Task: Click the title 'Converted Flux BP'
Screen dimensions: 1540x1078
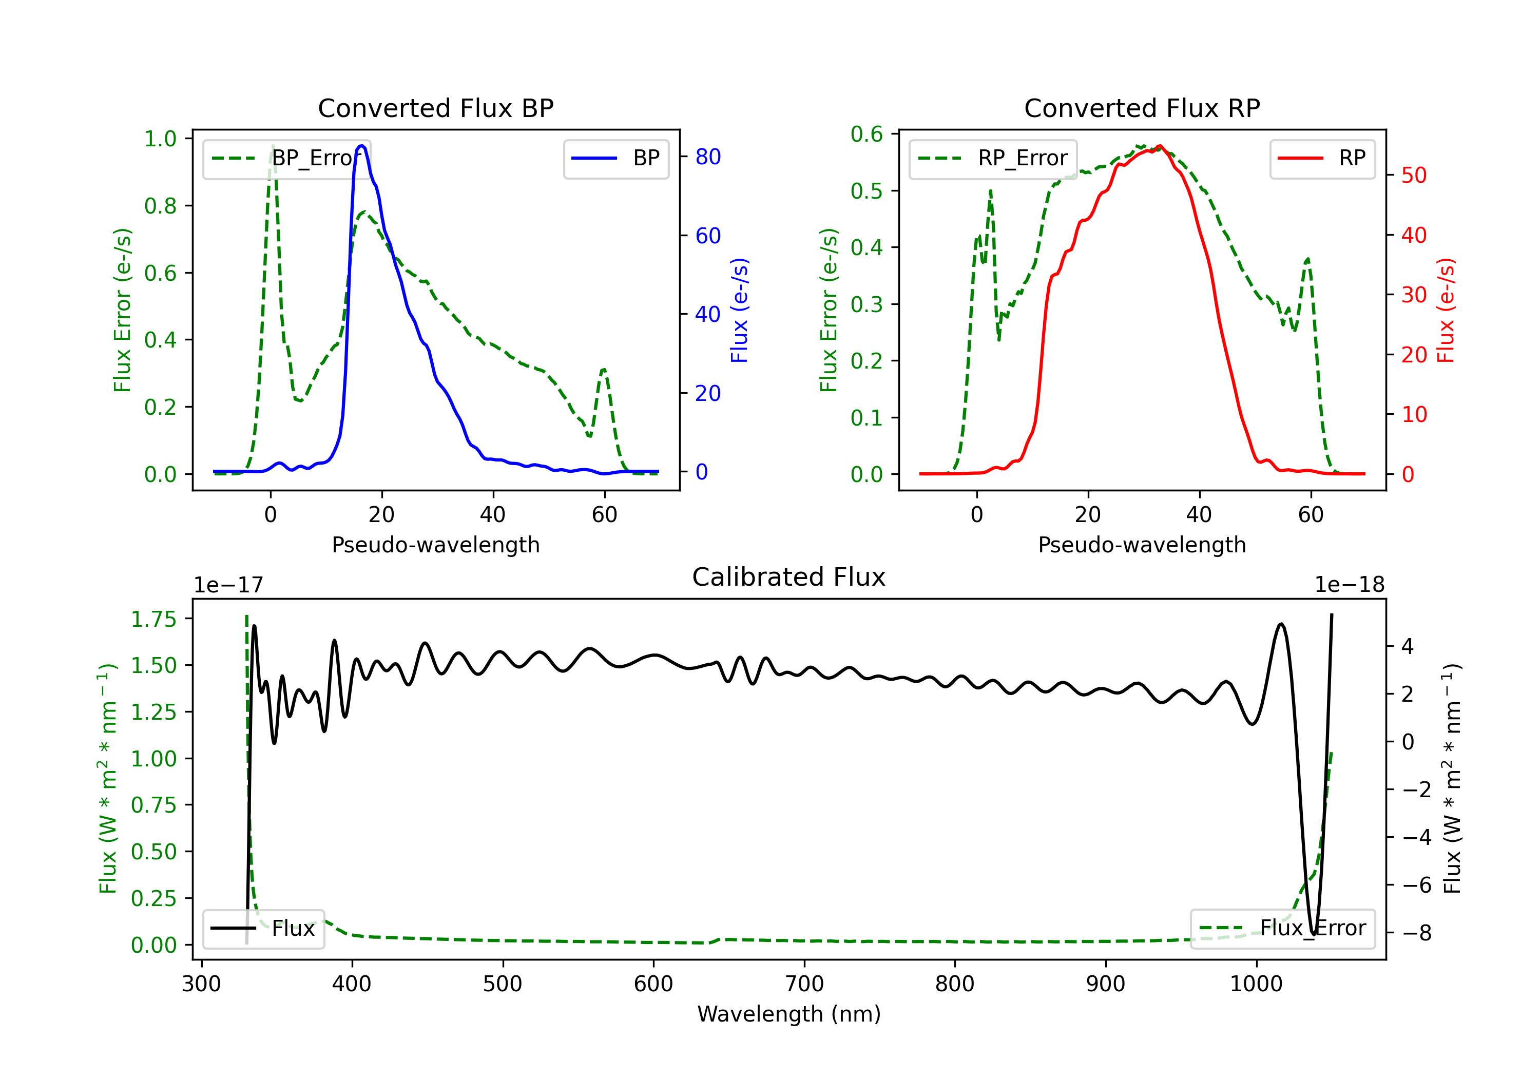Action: pyautogui.click(x=435, y=108)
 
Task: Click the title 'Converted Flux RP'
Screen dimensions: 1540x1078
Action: pyautogui.click(x=1142, y=108)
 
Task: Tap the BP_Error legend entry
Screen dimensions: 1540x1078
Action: pyautogui.click(x=286, y=158)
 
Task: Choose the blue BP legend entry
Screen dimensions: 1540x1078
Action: pyautogui.click(x=615, y=158)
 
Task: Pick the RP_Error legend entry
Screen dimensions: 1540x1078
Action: pyautogui.click(x=993, y=158)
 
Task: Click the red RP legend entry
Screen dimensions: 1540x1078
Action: pyautogui.click(x=1322, y=158)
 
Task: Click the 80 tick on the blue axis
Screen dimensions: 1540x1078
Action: pyautogui.click(x=707, y=157)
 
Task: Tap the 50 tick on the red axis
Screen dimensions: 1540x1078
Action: pyautogui.click(x=1414, y=176)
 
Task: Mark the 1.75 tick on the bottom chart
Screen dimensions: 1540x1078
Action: pyautogui.click(x=153, y=619)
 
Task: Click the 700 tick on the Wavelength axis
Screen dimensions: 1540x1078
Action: pyautogui.click(x=804, y=984)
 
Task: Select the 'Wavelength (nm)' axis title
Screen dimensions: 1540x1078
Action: pyautogui.click(x=789, y=1014)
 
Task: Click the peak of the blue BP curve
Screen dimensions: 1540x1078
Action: pyautogui.click(x=361, y=146)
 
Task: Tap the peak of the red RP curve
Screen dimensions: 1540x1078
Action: pyautogui.click(x=1159, y=146)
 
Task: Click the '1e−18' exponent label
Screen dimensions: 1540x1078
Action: pyautogui.click(x=1350, y=585)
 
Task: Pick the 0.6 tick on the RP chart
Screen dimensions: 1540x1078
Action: pyautogui.click(x=867, y=134)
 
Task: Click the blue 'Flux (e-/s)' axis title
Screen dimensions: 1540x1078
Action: pyautogui.click(x=739, y=311)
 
